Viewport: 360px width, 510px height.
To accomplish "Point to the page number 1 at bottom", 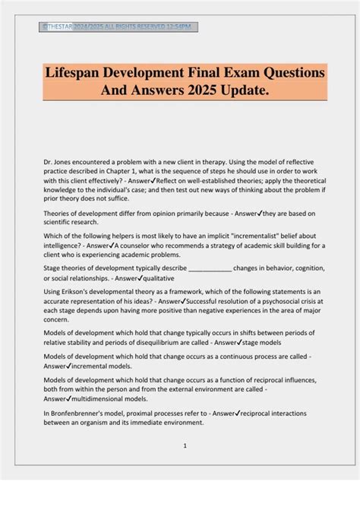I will click(184, 445).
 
